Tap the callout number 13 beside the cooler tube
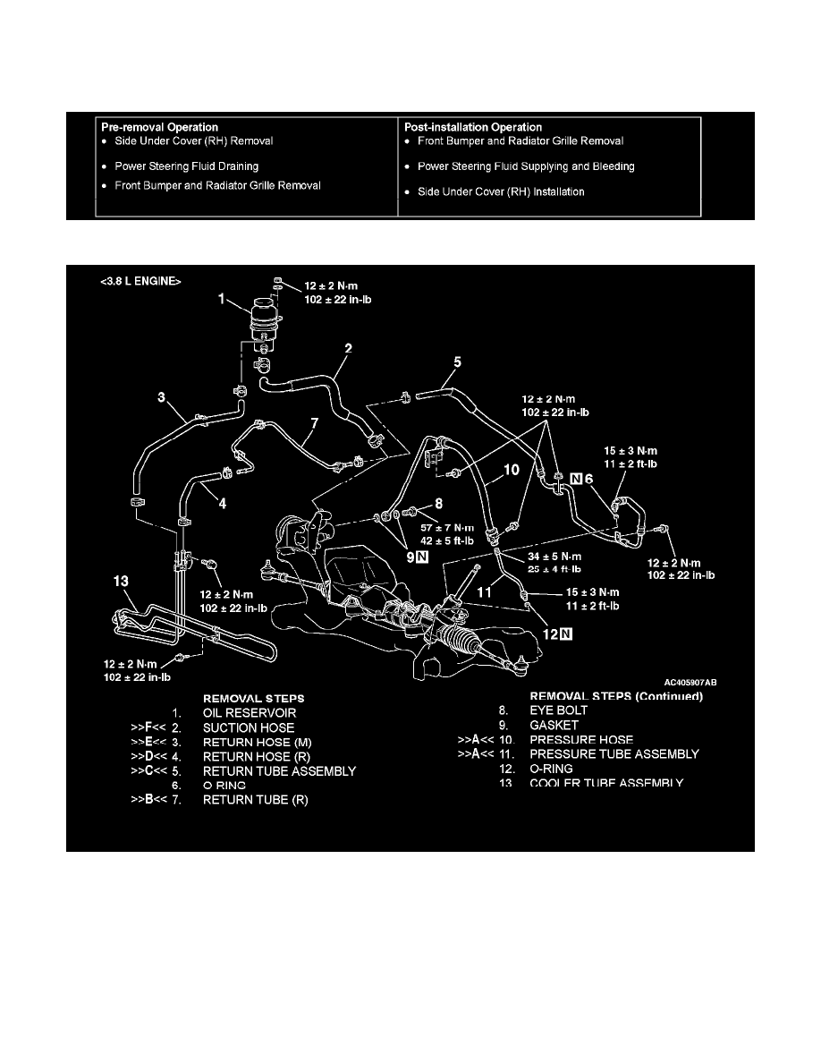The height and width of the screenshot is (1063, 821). click(120, 582)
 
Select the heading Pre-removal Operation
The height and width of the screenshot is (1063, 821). click(159, 127)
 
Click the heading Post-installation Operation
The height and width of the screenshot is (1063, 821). click(473, 127)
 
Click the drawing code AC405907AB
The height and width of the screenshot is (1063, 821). click(690, 681)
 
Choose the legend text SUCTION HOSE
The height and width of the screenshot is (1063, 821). click(249, 727)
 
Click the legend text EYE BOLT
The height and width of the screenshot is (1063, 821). click(559, 710)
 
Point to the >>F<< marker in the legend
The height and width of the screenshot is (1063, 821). click(147, 727)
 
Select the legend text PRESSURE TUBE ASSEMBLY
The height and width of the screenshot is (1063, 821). click(625, 754)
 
